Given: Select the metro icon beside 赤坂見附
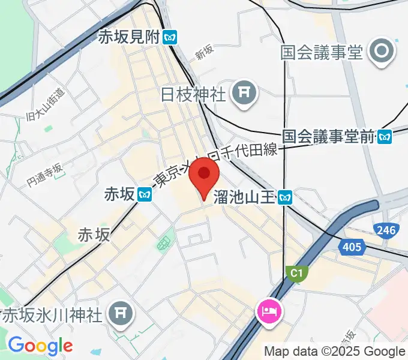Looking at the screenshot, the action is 171,37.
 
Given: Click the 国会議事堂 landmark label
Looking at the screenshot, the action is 322,52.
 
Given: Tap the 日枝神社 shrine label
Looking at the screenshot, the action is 193,94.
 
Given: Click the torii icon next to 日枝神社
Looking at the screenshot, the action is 244,93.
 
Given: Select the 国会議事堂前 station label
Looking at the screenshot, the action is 328,137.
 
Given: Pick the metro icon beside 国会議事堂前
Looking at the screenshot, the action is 385,137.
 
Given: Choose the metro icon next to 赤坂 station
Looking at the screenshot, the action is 144,194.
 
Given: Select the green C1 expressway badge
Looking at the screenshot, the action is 295,273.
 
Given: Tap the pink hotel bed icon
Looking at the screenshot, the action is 267,311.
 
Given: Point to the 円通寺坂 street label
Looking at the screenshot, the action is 45,173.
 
